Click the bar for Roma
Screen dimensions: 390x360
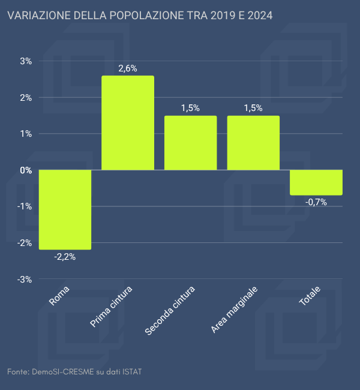[x=65, y=209]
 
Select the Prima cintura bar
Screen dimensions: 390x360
[x=128, y=123]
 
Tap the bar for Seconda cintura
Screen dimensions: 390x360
[x=190, y=143]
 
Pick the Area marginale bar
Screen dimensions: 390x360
[x=253, y=143]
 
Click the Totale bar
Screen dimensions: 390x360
[x=316, y=182]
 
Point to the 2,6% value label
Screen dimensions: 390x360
[x=128, y=68]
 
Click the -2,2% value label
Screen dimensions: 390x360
[x=65, y=257]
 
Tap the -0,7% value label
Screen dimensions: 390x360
[x=316, y=202]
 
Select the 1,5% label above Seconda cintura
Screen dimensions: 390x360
[x=190, y=108]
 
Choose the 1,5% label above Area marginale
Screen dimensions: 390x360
[x=253, y=108]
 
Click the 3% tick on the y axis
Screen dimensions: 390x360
[x=26, y=61]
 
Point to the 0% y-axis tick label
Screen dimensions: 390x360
[x=26, y=170]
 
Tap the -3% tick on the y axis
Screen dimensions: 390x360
[x=25, y=280]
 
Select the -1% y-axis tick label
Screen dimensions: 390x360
[x=25, y=206]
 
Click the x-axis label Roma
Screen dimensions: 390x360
[x=59, y=296]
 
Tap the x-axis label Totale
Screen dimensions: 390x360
[x=310, y=296]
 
